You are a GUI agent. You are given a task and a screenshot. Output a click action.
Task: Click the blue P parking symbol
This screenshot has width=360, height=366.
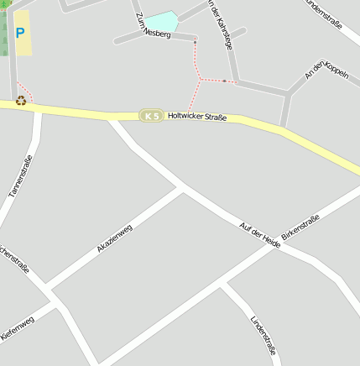pyautogui.click(x=20, y=34)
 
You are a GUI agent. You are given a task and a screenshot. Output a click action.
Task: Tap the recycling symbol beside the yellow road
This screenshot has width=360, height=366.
pyautogui.click(x=21, y=100)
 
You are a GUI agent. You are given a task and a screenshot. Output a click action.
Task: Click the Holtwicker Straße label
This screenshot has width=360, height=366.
pyautogui.click(x=197, y=118)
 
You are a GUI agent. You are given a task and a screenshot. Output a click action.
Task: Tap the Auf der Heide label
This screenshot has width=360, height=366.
pyautogui.click(x=259, y=234)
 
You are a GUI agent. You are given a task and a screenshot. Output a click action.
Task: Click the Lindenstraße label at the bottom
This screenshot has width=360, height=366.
pyautogui.click(x=263, y=335)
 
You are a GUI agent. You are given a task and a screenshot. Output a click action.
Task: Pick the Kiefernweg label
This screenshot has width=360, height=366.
pyautogui.click(x=17, y=328)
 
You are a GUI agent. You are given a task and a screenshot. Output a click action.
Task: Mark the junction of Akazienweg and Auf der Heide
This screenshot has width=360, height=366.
pyautogui.click(x=182, y=190)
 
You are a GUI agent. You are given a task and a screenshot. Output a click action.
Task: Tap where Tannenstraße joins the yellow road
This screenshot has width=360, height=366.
pyautogui.click(x=37, y=107)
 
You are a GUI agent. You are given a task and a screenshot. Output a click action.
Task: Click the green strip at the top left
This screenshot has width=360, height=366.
pyautogui.click(x=3, y=34)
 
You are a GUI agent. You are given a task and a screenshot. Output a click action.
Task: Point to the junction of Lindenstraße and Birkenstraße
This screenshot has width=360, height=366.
pyautogui.click(x=222, y=285)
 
